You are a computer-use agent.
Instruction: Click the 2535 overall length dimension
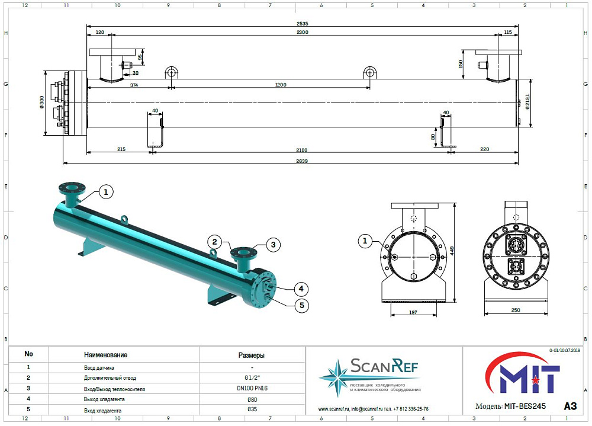[302, 24]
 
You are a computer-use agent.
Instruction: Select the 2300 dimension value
[302, 32]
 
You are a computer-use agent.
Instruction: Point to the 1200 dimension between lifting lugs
[281, 85]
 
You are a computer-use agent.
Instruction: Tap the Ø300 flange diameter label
[41, 102]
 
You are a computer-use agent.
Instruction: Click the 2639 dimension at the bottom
[302, 161]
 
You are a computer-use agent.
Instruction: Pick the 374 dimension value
[134, 85]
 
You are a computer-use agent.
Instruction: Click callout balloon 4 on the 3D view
[301, 289]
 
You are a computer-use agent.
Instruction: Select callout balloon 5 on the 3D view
[302, 305]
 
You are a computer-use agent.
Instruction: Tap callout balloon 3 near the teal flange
[274, 245]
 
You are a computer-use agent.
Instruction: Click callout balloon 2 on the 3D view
[214, 242]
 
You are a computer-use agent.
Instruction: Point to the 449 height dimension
[452, 251]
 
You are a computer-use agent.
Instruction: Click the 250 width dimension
[516, 310]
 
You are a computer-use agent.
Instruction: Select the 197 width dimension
[413, 312]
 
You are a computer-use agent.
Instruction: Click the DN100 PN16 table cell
[252, 388]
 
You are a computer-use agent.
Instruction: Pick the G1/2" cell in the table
[252, 377]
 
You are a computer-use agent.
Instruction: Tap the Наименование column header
[106, 355]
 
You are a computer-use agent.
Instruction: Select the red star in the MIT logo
[533, 380]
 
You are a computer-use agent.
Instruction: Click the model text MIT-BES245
[525, 406]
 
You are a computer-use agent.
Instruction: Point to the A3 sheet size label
[570, 406]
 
